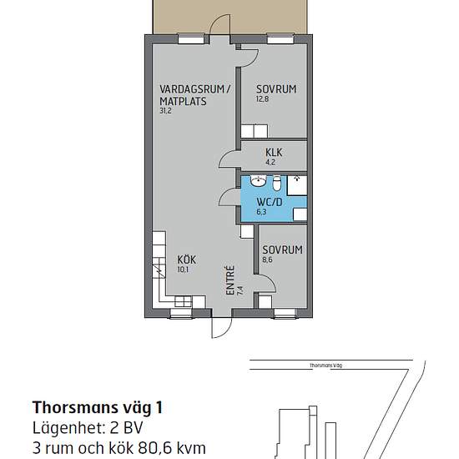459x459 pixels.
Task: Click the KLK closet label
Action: (274, 153)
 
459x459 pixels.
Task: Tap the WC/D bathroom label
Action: (270, 202)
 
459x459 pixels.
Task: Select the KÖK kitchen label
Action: (187, 260)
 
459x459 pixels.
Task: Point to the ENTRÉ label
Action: (230, 280)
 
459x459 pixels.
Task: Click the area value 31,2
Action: (165, 111)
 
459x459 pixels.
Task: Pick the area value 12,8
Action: (262, 98)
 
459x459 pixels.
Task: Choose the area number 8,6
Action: (268, 260)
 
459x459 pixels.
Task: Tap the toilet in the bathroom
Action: (276, 184)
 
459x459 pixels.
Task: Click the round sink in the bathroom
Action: (258, 181)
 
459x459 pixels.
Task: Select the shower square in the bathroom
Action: (297, 185)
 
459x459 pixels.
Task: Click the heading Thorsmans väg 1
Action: (97, 407)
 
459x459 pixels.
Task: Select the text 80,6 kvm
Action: (173, 448)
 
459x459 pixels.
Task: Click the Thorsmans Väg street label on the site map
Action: (325, 366)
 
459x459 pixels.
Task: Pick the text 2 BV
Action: (126, 428)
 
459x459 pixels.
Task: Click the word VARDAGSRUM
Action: (192, 88)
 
